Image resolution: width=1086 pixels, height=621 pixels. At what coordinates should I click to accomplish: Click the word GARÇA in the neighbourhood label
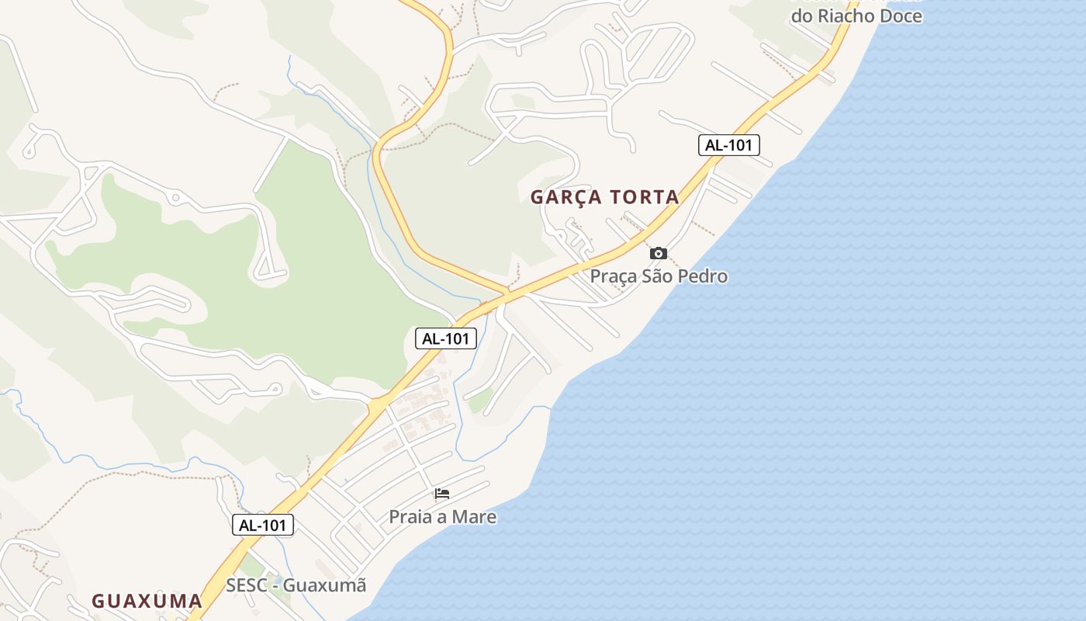coord(566,197)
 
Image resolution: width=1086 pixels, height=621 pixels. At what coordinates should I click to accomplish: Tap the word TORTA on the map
coord(645,197)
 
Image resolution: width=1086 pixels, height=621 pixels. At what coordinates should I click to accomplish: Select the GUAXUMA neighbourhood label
coord(147,601)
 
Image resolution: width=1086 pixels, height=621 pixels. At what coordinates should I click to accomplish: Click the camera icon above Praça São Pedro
coord(658,253)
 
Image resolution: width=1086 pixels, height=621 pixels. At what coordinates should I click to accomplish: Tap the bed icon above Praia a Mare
coord(442,494)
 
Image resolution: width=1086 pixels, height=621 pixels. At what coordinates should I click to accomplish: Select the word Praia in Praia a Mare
coord(411,517)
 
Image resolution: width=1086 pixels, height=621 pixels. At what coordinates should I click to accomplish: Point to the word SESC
coord(247,585)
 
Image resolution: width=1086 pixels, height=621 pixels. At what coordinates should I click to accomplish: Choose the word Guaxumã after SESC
coord(324,585)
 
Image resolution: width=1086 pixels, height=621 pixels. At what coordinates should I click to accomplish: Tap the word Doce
coord(901,16)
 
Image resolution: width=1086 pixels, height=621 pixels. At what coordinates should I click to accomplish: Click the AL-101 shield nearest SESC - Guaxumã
coord(263,525)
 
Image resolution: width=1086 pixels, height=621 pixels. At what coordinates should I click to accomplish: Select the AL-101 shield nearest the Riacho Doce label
coord(728,144)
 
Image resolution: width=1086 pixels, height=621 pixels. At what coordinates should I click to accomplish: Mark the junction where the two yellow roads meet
coord(505,294)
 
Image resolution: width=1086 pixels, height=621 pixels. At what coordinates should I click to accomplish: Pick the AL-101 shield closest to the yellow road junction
coord(446,338)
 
